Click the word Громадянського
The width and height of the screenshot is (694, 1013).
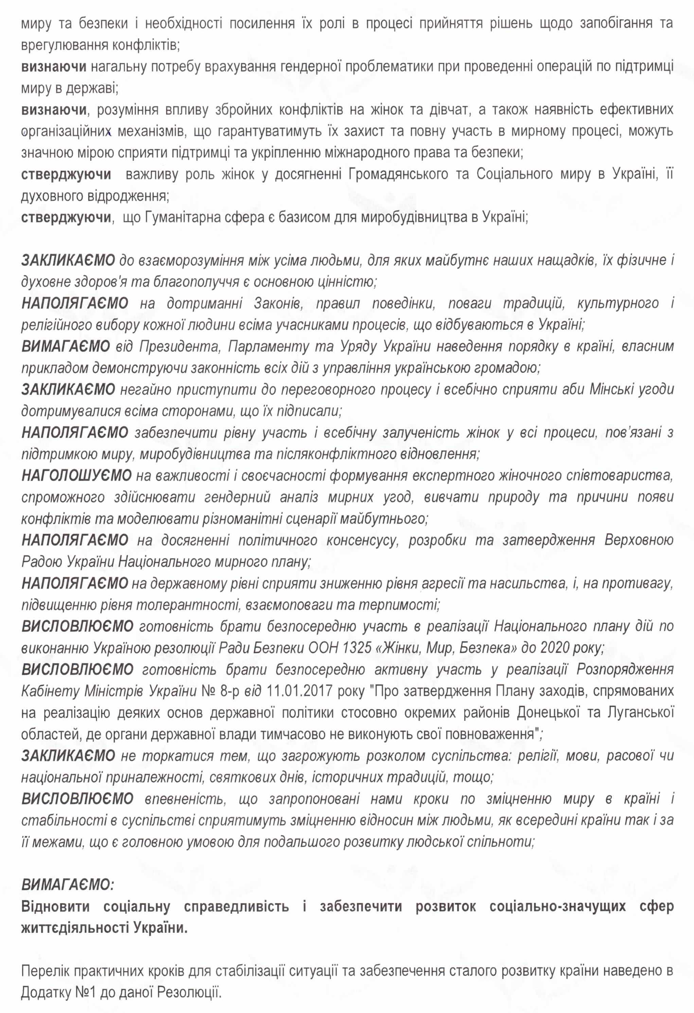(x=398, y=174)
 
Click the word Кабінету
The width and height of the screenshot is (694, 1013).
(x=50, y=691)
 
